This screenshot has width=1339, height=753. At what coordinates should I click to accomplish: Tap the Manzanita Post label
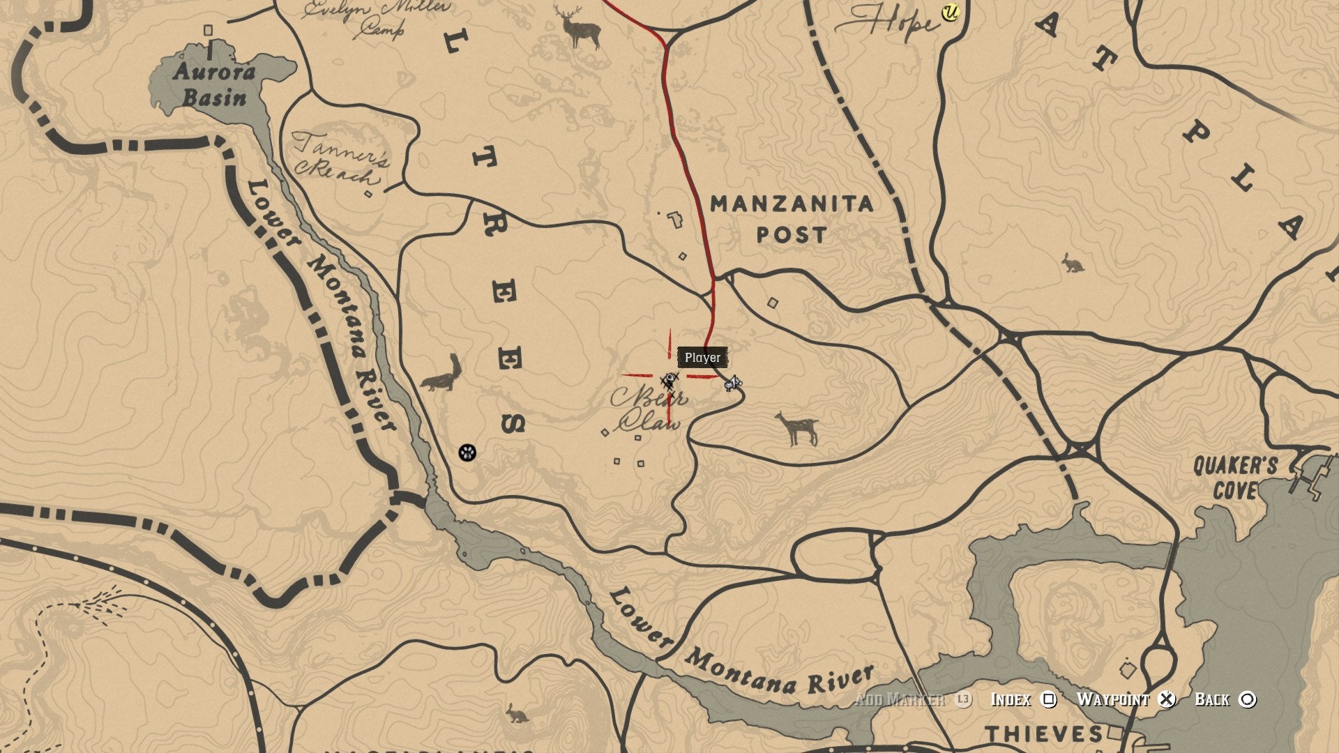pyautogui.click(x=792, y=219)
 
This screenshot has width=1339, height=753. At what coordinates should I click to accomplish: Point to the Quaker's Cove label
pyautogui.click(x=1234, y=478)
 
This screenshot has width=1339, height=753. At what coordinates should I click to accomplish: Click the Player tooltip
pyautogui.click(x=702, y=358)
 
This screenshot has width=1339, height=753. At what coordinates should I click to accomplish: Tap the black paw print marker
pyautogui.click(x=467, y=452)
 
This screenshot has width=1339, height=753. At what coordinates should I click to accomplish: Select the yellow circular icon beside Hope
pyautogui.click(x=949, y=12)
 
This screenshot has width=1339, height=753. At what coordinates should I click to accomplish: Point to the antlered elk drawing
pyautogui.click(x=578, y=26)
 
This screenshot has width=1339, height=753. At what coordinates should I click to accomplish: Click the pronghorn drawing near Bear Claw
pyautogui.click(x=797, y=427)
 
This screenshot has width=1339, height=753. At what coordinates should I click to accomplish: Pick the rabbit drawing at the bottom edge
pyautogui.click(x=516, y=713)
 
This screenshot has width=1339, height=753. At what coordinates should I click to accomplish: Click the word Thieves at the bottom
pyautogui.click(x=1044, y=734)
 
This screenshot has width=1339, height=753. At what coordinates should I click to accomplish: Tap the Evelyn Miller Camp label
pyautogui.click(x=377, y=17)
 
